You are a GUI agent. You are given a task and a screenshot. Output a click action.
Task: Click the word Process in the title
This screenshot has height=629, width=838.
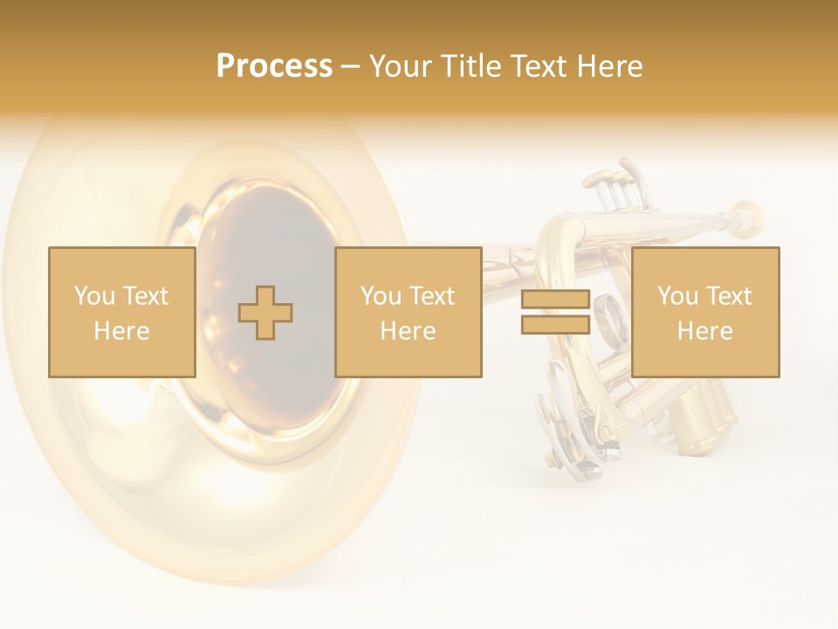(274, 66)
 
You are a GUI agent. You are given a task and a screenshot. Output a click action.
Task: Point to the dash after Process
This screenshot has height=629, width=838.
(350, 67)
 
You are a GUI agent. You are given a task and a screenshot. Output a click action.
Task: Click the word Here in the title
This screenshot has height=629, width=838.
(608, 66)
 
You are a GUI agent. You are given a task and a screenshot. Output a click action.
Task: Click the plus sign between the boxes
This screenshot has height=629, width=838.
(265, 313)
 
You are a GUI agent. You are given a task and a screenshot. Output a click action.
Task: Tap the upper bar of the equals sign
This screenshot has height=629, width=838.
(555, 299)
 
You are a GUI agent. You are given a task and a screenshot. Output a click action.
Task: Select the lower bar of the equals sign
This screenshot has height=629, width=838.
(555, 324)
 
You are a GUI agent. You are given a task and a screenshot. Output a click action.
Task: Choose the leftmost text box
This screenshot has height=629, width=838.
(121, 312)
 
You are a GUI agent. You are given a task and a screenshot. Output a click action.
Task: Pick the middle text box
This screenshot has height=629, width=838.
(408, 312)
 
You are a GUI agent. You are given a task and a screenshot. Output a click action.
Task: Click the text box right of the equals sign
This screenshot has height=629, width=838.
(704, 312)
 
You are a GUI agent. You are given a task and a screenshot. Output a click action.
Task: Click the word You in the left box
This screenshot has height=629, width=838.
(93, 296)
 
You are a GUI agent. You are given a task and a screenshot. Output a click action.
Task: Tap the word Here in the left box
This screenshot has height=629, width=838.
(121, 331)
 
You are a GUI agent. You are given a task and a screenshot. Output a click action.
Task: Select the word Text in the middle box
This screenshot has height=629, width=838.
(431, 296)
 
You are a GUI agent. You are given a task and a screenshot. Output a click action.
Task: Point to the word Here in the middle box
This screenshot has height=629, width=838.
(408, 331)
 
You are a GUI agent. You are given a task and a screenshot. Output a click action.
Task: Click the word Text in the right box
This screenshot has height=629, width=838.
(728, 296)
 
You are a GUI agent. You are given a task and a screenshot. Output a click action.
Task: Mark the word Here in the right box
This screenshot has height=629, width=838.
(704, 331)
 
